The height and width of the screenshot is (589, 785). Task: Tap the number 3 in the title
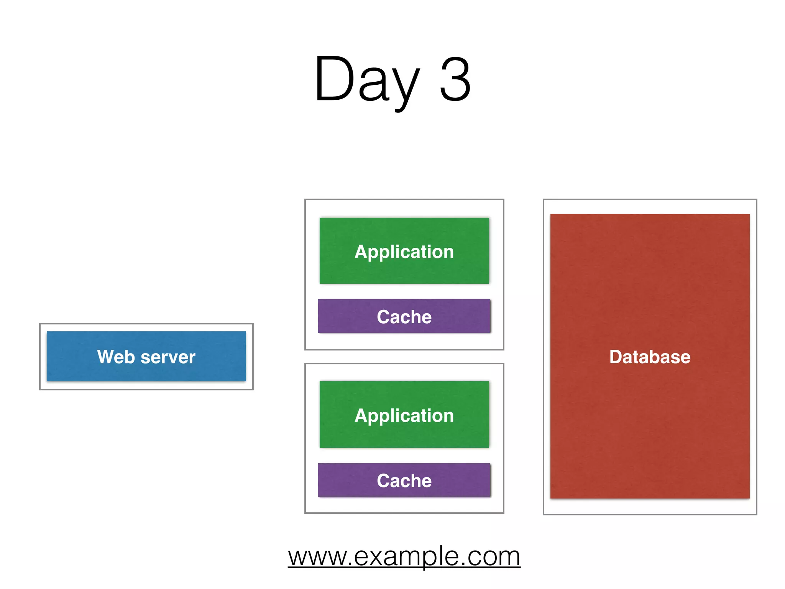(x=455, y=79)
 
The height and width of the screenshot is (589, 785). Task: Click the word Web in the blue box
(x=116, y=357)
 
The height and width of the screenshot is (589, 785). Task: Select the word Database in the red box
(x=650, y=357)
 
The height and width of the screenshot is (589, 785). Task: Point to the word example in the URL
(x=406, y=557)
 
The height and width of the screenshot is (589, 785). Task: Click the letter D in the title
(x=334, y=79)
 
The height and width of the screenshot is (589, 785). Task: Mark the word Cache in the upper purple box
(x=404, y=317)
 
